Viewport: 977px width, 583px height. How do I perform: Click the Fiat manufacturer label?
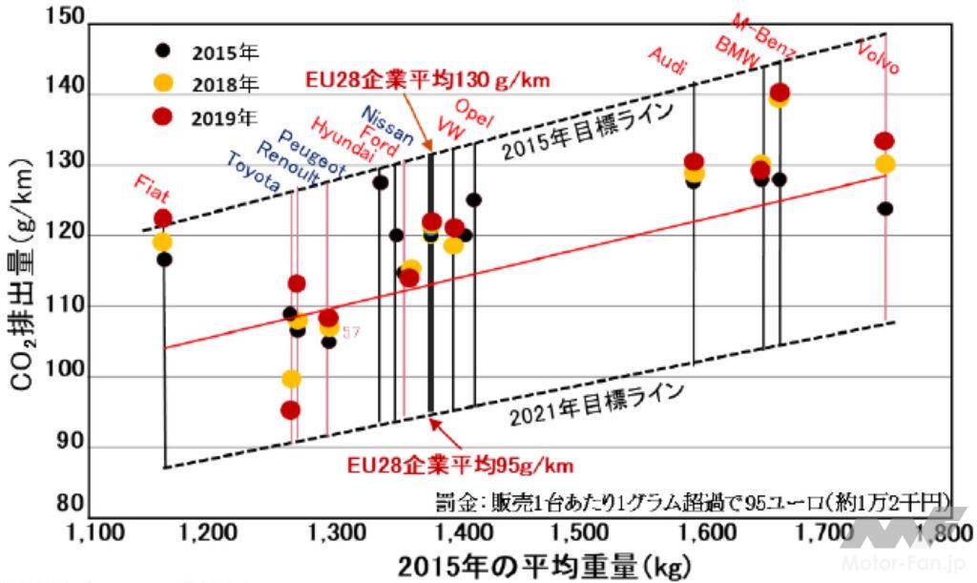153,187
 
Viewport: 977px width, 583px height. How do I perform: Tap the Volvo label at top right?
879,57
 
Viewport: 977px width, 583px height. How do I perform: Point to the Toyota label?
253,175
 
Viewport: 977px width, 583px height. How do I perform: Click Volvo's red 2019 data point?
884,141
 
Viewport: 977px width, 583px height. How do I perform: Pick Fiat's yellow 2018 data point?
163,241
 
